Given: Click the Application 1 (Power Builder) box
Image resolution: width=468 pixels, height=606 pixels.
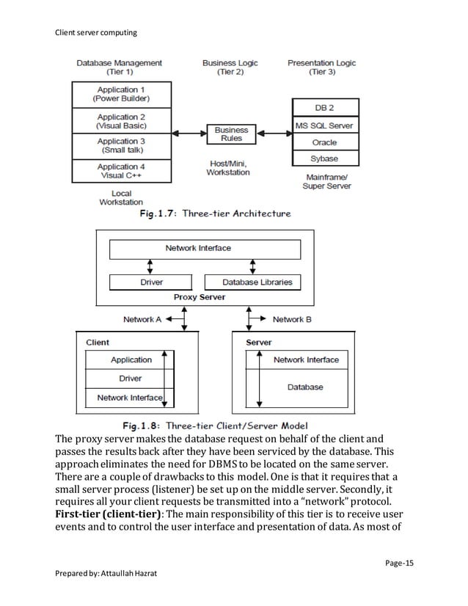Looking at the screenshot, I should click(121, 94).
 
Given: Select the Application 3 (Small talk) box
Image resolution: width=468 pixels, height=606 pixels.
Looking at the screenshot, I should click(121, 145).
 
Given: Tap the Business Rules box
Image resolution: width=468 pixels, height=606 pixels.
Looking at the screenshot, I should click(231, 134).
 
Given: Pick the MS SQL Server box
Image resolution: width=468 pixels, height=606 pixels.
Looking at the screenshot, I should click(323, 125).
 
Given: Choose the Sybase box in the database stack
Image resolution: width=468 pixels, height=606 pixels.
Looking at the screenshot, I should click(323, 158).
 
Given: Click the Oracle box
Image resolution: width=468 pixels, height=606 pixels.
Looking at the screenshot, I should click(323, 142).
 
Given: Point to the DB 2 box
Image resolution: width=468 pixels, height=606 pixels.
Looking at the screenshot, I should click(323, 109).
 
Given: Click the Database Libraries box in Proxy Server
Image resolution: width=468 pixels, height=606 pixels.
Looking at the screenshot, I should click(257, 282).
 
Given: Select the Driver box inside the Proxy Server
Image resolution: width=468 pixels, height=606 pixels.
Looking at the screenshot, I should click(152, 282).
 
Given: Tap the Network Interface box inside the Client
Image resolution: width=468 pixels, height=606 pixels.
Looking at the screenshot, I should click(130, 398).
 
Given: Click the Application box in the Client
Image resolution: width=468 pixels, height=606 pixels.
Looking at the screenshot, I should click(131, 359).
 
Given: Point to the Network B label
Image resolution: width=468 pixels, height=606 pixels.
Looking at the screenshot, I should click(292, 320).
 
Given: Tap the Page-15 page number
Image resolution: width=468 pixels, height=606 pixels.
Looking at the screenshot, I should click(399, 563).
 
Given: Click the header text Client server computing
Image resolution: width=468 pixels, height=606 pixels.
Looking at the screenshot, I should click(95, 32).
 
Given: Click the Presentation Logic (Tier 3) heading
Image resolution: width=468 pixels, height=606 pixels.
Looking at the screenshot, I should click(321, 67).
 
